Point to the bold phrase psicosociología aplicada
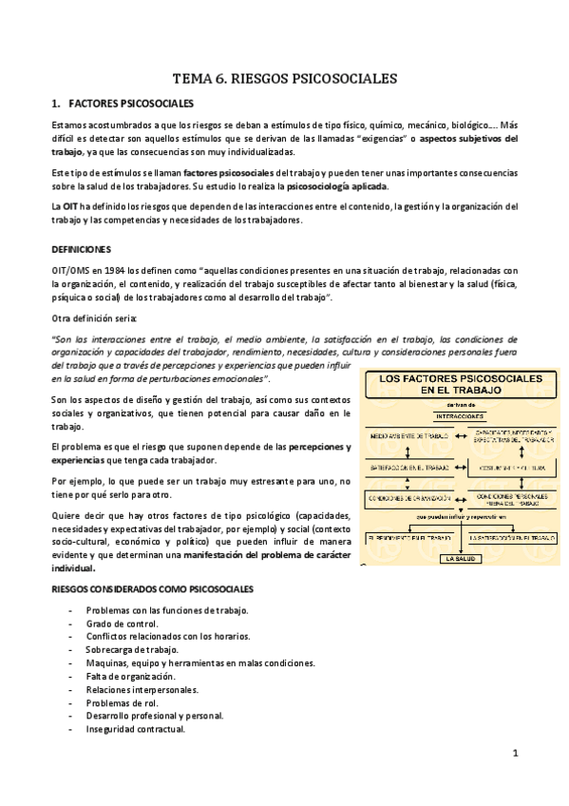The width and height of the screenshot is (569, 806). (340, 186)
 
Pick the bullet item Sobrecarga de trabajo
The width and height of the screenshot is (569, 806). (125, 649)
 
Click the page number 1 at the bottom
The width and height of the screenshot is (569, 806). (514, 754)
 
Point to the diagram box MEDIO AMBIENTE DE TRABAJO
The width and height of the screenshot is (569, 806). (411, 437)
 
